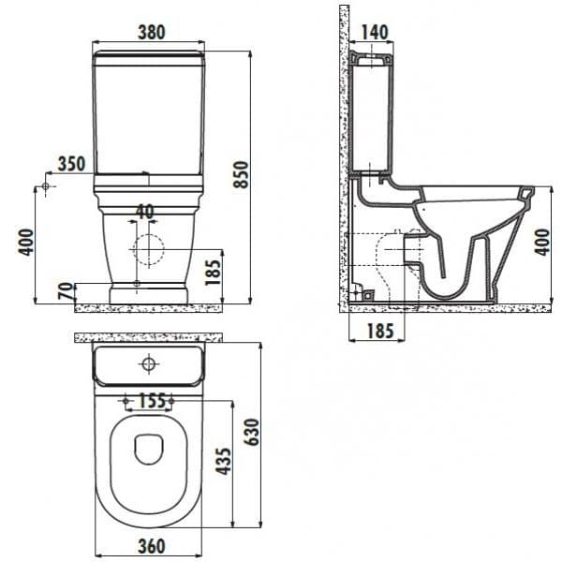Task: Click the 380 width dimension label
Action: [x=152, y=32]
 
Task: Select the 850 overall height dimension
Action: [x=241, y=174]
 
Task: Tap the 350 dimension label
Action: [x=72, y=164]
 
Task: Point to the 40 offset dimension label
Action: [x=145, y=212]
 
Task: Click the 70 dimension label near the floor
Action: [x=66, y=291]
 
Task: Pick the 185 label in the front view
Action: [x=213, y=273]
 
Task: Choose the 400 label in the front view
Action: [x=26, y=243]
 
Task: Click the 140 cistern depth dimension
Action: [x=375, y=32]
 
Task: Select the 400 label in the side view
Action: [x=542, y=243]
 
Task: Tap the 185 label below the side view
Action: [x=380, y=331]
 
